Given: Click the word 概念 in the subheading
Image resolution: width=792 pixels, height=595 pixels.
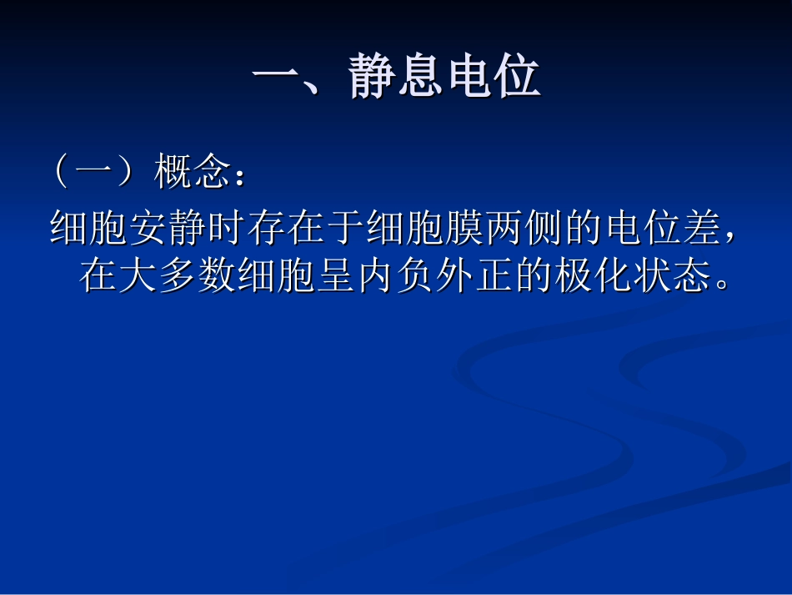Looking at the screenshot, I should pyautogui.click(x=191, y=174).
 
